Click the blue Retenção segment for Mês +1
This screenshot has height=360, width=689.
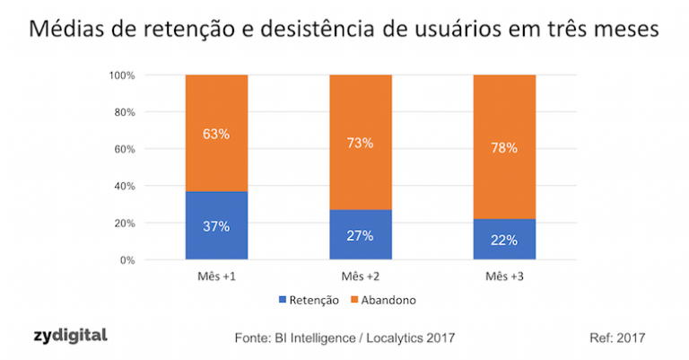pyautogui.click(x=216, y=225)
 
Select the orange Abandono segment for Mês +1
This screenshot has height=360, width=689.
pyautogui.click(x=216, y=133)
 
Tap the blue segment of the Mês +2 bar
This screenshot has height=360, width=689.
pyautogui.click(x=360, y=234)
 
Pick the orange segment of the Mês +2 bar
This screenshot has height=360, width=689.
pyautogui.click(x=360, y=142)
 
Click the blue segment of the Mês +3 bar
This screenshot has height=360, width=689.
pyautogui.click(x=503, y=239)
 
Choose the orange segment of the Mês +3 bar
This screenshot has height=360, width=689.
pyautogui.click(x=503, y=146)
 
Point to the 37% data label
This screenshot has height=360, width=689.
pyautogui.click(x=216, y=226)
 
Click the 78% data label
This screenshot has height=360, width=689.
pyautogui.click(x=503, y=147)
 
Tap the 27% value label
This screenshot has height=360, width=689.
pyautogui.click(x=360, y=235)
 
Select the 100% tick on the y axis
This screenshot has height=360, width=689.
pyautogui.click(x=120, y=75)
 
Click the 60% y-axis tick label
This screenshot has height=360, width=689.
pyautogui.click(x=123, y=149)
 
